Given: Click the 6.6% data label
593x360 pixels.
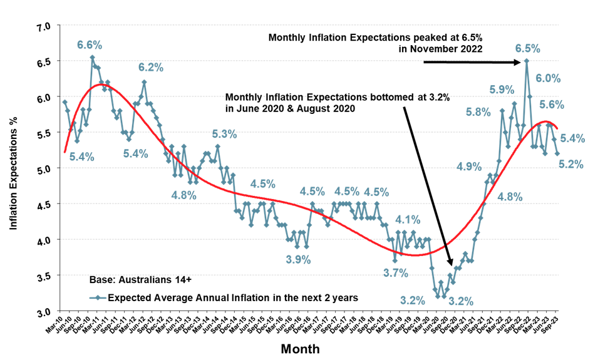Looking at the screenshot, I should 90,45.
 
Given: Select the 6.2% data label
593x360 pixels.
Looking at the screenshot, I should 151,67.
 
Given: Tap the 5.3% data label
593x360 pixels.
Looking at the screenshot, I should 224,133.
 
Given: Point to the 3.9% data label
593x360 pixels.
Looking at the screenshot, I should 298,260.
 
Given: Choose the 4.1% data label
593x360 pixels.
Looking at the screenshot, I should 408,220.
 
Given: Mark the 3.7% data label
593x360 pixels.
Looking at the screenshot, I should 396,272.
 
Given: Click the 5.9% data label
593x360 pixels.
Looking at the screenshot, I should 502,90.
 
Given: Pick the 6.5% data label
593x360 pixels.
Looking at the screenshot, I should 528,48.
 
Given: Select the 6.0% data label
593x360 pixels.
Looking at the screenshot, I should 549,78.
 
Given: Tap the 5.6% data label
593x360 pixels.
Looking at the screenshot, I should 552,105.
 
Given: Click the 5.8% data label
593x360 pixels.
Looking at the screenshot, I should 478,113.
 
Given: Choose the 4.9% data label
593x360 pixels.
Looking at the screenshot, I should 469,167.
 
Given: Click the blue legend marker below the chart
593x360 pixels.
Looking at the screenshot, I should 98,298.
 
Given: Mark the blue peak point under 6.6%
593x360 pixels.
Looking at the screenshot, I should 92,58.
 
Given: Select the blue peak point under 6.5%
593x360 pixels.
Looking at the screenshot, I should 527,61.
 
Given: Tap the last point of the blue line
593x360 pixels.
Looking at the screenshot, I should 557,153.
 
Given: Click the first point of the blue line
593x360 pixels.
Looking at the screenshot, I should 64,101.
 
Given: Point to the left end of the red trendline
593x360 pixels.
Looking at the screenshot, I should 64,151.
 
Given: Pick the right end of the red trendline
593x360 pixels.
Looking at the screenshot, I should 557,128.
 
